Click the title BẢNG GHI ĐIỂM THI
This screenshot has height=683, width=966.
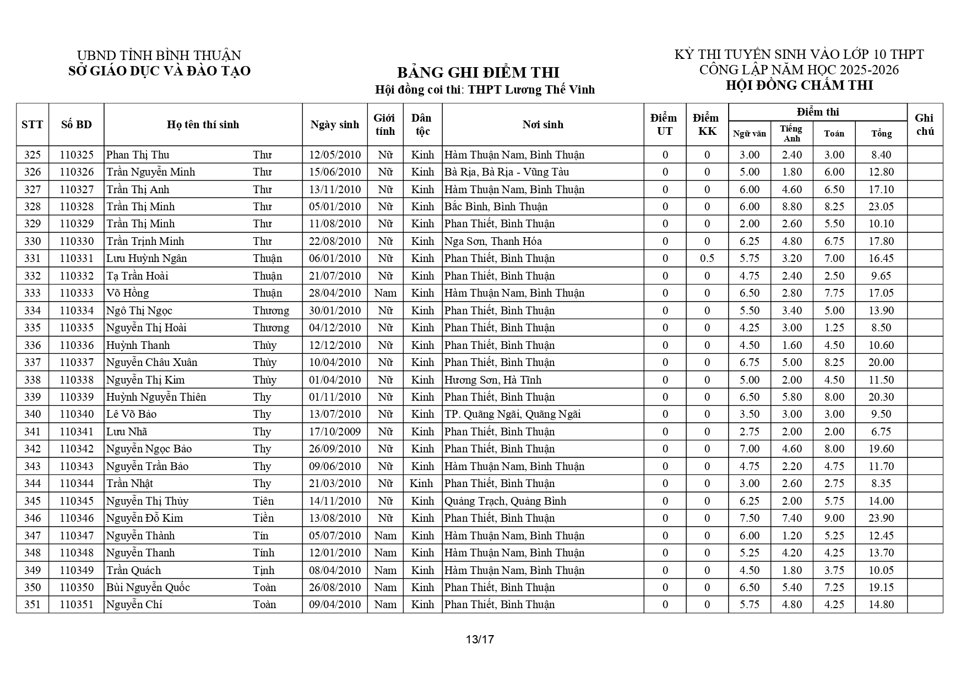pos(477,73)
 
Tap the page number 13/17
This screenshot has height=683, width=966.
pos(480,640)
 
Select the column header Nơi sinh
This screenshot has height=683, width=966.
pos(542,124)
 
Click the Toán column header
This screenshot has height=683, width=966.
pos(834,133)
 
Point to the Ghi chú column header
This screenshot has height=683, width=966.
pos(924,124)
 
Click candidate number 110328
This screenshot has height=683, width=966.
pos(77,206)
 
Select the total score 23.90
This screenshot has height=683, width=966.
pos(881,518)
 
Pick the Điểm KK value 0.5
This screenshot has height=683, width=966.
pos(707,258)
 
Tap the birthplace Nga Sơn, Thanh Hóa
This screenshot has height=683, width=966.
pos(493,241)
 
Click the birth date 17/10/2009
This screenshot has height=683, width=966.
pos(335,431)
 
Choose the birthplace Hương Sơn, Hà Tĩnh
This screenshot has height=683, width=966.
pos(493,380)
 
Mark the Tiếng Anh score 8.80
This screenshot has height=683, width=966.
pos(792,206)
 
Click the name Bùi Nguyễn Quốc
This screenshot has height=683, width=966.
pos(148,587)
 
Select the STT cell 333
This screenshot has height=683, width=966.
pos(32,293)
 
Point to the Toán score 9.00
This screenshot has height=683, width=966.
pos(834,518)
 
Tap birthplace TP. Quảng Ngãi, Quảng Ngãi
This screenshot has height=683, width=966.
pos(512,414)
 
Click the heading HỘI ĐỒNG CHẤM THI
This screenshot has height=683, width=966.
pos(799,85)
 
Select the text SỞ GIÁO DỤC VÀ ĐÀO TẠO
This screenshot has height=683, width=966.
pos(159,71)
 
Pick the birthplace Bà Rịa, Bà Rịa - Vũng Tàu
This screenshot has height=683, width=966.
pos(507,172)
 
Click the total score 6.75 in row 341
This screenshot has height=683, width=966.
pos(881,431)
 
